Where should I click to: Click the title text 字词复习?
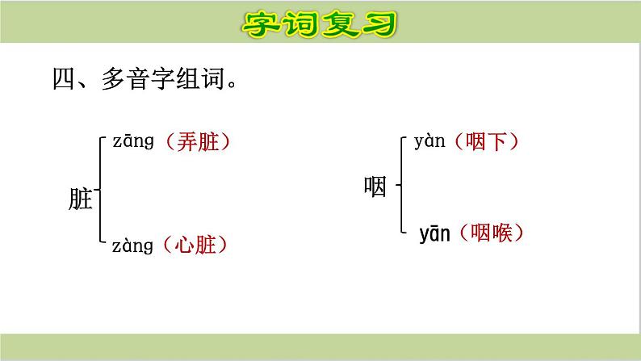click(x=320, y=24)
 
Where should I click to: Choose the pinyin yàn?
click(x=430, y=144)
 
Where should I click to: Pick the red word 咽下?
click(x=487, y=144)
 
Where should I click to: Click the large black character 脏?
click(x=81, y=199)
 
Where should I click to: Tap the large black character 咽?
click(x=375, y=189)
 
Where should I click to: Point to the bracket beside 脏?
click(x=98, y=190)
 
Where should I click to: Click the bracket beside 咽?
click(x=402, y=185)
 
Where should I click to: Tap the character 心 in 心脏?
click(x=184, y=246)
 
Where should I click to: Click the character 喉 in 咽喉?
click(x=504, y=234)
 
